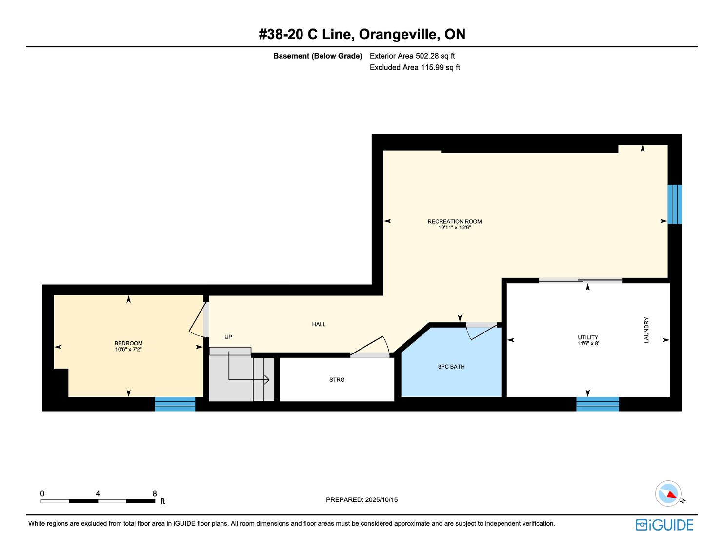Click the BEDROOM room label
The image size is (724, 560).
[128, 343]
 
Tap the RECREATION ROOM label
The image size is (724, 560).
[455, 221]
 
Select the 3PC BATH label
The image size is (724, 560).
[451, 367]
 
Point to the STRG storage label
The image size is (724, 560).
[337, 380]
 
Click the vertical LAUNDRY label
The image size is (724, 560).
[646, 330]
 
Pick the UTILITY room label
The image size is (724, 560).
[588, 337]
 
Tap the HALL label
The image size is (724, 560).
[319, 324]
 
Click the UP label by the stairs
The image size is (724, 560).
[228, 337]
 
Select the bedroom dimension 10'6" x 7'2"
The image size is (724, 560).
[128, 350]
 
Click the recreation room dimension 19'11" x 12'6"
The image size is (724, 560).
[455, 228]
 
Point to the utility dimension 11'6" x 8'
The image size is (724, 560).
[588, 343]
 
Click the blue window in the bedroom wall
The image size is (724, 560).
[175, 404]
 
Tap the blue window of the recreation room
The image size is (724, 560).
[675, 204]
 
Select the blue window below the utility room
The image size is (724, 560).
[598, 404]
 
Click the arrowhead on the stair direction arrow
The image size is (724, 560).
[267, 379]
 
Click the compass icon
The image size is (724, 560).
[668, 493]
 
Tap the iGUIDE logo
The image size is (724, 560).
[664, 525]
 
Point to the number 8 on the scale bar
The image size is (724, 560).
[155, 493]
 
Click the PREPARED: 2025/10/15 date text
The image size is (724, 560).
[362, 499]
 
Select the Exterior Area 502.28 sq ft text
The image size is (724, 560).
[412, 56]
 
